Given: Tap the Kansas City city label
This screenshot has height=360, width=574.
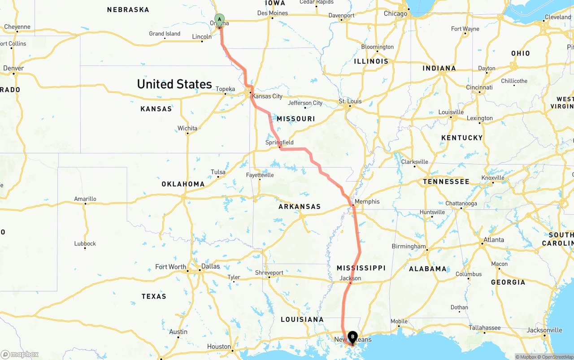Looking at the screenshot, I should (x=267, y=96).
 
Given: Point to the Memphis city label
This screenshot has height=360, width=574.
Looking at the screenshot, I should (x=367, y=202).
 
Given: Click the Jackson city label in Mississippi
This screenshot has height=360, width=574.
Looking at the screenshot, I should (x=350, y=278).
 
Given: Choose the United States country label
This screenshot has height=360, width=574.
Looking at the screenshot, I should (x=174, y=84).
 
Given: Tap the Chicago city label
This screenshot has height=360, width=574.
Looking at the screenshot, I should (x=396, y=13).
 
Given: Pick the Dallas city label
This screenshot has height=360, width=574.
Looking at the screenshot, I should (x=210, y=266).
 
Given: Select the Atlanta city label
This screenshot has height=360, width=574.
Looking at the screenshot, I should (x=494, y=240).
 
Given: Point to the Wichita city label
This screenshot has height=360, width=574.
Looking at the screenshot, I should (x=187, y=128).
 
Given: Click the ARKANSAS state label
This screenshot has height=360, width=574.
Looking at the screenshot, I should (x=300, y=207).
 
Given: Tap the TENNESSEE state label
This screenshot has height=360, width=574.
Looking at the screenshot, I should (x=446, y=182).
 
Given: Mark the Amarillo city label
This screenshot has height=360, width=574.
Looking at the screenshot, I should (x=85, y=199).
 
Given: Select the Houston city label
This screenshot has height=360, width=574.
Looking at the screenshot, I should (x=219, y=347).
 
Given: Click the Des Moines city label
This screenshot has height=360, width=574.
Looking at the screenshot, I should (x=273, y=13).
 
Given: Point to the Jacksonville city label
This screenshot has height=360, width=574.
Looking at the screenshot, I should (x=544, y=330).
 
